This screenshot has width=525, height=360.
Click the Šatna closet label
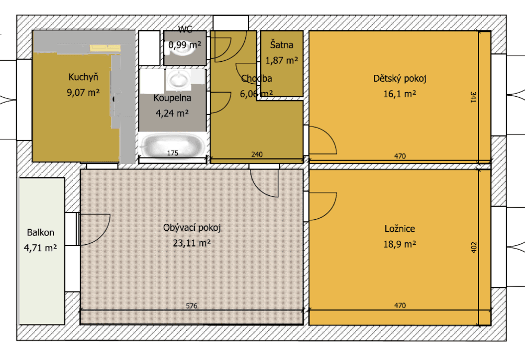pyautogui.click(x=282, y=45)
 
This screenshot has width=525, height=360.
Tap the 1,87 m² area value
pyautogui.click(x=282, y=60)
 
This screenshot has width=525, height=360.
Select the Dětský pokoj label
pyautogui.click(x=400, y=79)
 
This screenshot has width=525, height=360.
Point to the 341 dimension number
pyautogui.click(x=473, y=97)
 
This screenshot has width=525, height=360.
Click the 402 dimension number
pyautogui.click(x=473, y=246)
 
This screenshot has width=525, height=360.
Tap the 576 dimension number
pyautogui.click(x=192, y=306)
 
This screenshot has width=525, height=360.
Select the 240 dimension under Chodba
pyautogui.click(x=257, y=154)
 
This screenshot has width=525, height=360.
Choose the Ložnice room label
pyautogui.click(x=400, y=229)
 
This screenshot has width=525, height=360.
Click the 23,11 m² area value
pyautogui.click(x=191, y=243)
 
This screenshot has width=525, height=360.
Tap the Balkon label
pyautogui.click(x=41, y=233)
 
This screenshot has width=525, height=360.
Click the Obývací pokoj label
pyautogui.click(x=192, y=228)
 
